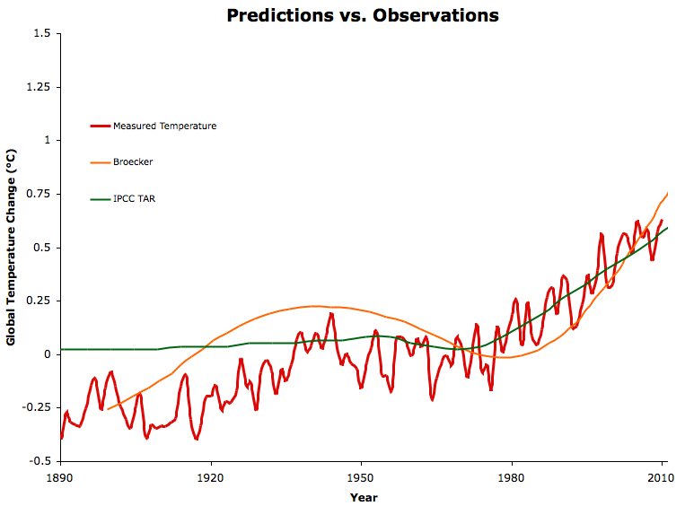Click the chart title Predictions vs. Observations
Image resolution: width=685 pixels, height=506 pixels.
362,15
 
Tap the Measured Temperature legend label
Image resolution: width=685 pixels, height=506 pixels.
164,126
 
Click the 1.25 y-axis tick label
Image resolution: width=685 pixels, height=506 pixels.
41,88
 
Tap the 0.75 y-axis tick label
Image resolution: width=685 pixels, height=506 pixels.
41,195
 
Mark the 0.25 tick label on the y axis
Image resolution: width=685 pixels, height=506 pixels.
41,301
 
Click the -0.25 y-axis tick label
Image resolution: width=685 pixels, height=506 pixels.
40,408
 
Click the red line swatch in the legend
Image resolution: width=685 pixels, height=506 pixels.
101,126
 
